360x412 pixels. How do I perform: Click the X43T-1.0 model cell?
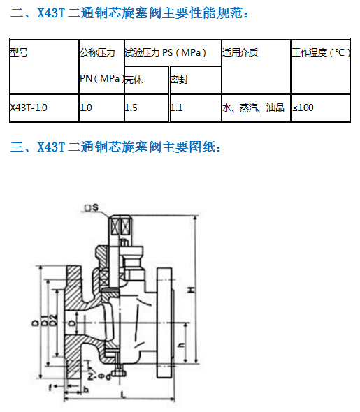tap(29, 108)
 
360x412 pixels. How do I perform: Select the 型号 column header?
tap(19, 52)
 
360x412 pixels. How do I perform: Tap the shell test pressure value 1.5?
tap(131, 108)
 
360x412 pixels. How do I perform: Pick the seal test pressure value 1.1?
tap(176, 108)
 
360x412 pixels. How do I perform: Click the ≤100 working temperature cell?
tap(303, 108)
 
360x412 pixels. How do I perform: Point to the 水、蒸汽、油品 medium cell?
tap(253, 108)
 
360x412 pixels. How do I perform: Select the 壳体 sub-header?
tap(134, 80)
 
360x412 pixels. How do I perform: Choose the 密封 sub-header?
tap(179, 80)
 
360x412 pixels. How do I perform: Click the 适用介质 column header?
tap(240, 52)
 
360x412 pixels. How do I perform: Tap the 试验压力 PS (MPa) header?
tap(165, 52)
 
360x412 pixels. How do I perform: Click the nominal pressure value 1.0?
tap(86, 108)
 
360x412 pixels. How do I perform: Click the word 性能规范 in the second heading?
tap(215, 13)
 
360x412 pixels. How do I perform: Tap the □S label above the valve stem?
tap(92, 207)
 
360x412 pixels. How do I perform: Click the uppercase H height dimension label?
tap(192, 290)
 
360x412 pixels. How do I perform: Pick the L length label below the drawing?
tap(123, 395)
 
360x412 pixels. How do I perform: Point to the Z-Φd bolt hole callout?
tap(99, 376)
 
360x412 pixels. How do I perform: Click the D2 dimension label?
tap(53, 320)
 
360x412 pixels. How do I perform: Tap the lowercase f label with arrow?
tap(50, 388)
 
